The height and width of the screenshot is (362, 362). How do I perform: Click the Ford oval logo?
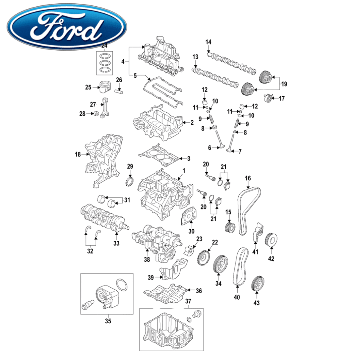coord(67,26)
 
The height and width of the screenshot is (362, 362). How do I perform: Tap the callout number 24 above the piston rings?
coord(104,45)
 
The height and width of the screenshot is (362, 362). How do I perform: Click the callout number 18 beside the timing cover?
coord(78,154)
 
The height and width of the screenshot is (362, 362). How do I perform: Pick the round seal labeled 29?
coord(130,181)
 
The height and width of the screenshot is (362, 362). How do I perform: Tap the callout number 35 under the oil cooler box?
coord(108,321)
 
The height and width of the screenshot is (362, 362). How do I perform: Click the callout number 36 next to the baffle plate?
coord(199,291)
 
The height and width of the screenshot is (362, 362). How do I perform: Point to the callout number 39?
coord(151,277)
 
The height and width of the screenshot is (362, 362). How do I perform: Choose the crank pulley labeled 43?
coord(257,284)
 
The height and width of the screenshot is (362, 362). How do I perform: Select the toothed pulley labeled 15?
coord(230,227)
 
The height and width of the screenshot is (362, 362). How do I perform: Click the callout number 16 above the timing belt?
coord(248,178)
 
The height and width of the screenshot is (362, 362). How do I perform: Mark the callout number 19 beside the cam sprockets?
coord(284,84)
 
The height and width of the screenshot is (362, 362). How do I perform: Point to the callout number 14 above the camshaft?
coord(208,42)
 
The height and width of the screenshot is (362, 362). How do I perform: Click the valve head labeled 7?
coord(229,150)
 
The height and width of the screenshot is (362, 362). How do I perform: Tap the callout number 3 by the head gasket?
coord(189,158)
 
